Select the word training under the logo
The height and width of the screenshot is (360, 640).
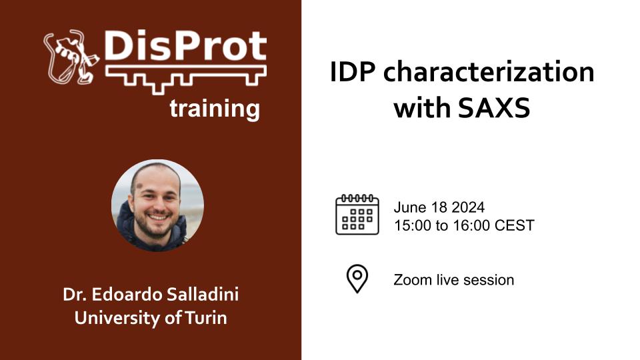214,108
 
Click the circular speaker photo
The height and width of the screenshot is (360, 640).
157,206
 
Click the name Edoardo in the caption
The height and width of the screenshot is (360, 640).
117,294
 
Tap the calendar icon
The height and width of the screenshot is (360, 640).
357,215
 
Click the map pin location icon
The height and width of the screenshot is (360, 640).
357,279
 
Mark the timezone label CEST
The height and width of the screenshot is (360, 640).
514,225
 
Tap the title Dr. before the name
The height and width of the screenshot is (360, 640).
74,294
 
